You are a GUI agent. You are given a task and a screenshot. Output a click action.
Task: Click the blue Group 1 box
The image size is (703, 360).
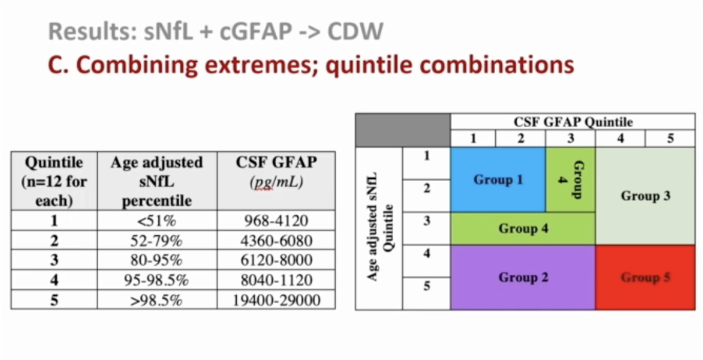(498, 179)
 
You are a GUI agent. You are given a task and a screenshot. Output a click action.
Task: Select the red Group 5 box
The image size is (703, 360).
(645, 277)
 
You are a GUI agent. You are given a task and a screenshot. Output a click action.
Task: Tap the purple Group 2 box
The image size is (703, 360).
(523, 277)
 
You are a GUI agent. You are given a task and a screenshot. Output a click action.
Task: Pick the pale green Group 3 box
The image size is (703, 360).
(645, 196)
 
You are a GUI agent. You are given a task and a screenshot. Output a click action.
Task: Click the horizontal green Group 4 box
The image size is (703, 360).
(523, 228)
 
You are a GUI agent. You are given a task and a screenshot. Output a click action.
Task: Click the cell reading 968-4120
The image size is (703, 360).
(276, 221)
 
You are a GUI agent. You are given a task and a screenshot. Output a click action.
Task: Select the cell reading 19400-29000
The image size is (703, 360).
(276, 300)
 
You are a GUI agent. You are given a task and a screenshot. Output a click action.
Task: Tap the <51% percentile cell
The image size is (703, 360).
(157, 221)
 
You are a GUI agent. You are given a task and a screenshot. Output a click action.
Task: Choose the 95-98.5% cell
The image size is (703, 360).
(157, 281)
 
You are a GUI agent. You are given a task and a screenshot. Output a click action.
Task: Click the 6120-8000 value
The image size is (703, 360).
(276, 260)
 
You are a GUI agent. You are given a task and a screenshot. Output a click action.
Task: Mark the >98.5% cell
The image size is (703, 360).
(157, 300)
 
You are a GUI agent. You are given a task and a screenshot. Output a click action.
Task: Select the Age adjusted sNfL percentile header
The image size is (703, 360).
(157, 181)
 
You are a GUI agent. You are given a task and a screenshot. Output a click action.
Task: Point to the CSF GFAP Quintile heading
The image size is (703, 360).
(573, 122)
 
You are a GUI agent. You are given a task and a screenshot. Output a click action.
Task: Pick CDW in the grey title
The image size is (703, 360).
(355, 31)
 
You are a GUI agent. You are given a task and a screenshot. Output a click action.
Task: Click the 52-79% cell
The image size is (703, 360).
(157, 241)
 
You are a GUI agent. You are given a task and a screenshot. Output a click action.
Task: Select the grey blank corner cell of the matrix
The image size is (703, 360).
(403, 130)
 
